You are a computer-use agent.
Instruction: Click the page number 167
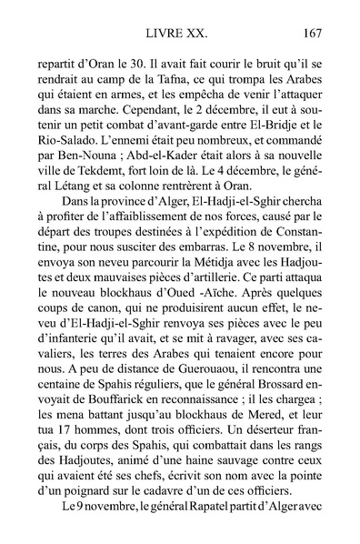click(310, 35)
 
